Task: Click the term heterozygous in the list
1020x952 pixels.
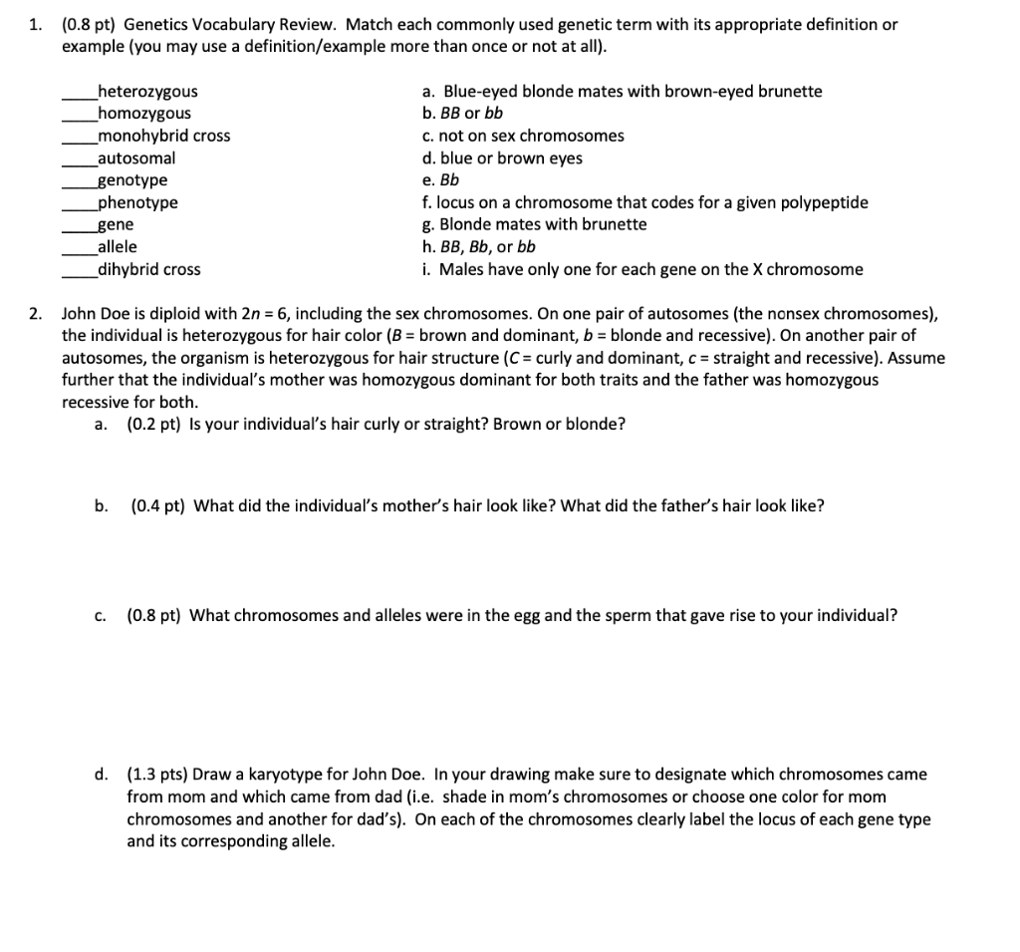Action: [x=147, y=92]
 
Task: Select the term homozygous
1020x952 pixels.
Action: [x=144, y=114]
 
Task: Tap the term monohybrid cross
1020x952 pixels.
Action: [x=163, y=136]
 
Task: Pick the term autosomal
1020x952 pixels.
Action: [x=136, y=158]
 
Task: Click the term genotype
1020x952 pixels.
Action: [x=132, y=180]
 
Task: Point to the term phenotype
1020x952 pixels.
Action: [x=137, y=202]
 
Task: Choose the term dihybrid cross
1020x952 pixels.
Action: [x=148, y=269]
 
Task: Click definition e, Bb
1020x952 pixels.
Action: [x=441, y=180]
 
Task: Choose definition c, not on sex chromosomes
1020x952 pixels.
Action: [x=523, y=136]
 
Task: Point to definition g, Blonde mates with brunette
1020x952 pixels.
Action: [x=534, y=224]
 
